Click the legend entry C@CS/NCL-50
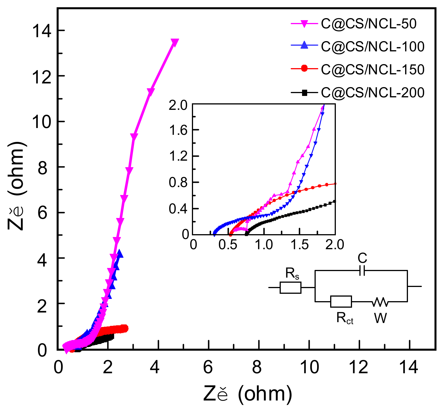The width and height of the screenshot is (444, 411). pyautogui.click(x=368, y=24)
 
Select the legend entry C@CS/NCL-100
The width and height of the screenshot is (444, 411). pyautogui.click(x=372, y=47)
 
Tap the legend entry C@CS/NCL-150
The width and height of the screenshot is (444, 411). pyautogui.click(x=372, y=69)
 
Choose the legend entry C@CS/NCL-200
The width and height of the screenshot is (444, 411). pyautogui.click(x=372, y=92)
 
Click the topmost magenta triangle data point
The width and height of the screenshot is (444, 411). pyautogui.click(x=175, y=43)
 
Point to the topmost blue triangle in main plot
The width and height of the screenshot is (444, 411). pyautogui.click(x=120, y=253)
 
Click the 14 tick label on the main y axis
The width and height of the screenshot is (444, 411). pyautogui.click(x=42, y=31)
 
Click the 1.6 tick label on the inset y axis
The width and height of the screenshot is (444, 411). pyautogui.click(x=178, y=130)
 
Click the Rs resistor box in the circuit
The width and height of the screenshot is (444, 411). pyautogui.click(x=290, y=287)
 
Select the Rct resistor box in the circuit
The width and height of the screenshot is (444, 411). pyautogui.click(x=341, y=301)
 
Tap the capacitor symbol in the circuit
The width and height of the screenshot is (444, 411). pyautogui.click(x=362, y=270)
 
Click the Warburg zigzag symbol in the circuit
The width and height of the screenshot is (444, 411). pyautogui.click(x=380, y=302)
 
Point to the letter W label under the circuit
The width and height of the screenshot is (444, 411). pyautogui.click(x=380, y=318)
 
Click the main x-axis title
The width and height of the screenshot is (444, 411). pyautogui.click(x=247, y=394)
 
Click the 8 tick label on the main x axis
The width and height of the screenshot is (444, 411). pyautogui.click(x=257, y=367)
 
